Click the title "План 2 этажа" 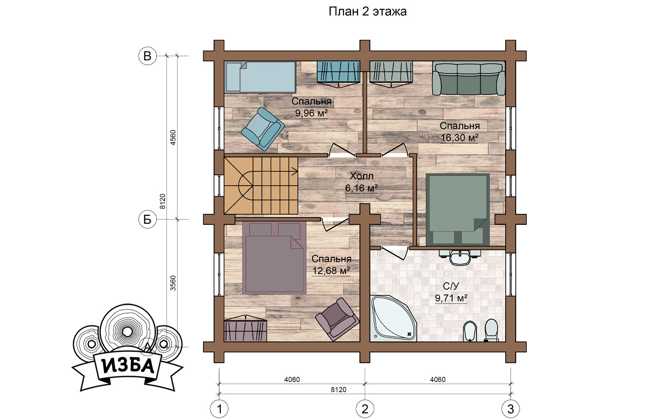[x=368, y=11]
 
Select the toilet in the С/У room [x=491, y=330]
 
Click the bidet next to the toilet [x=470, y=331]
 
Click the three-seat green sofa [x=469, y=78]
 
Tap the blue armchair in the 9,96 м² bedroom [x=262, y=129]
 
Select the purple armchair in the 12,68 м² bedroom [x=337, y=319]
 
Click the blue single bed [x=260, y=77]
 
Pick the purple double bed [x=274, y=257]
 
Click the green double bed [x=457, y=210]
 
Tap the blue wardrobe [x=338, y=73]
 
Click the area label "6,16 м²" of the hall [x=361, y=188]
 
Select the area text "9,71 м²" [x=451, y=298]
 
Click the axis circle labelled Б [x=147, y=220]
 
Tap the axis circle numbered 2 [x=365, y=409]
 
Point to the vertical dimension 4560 [x=173, y=137]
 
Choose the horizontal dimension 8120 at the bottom [x=339, y=389]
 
